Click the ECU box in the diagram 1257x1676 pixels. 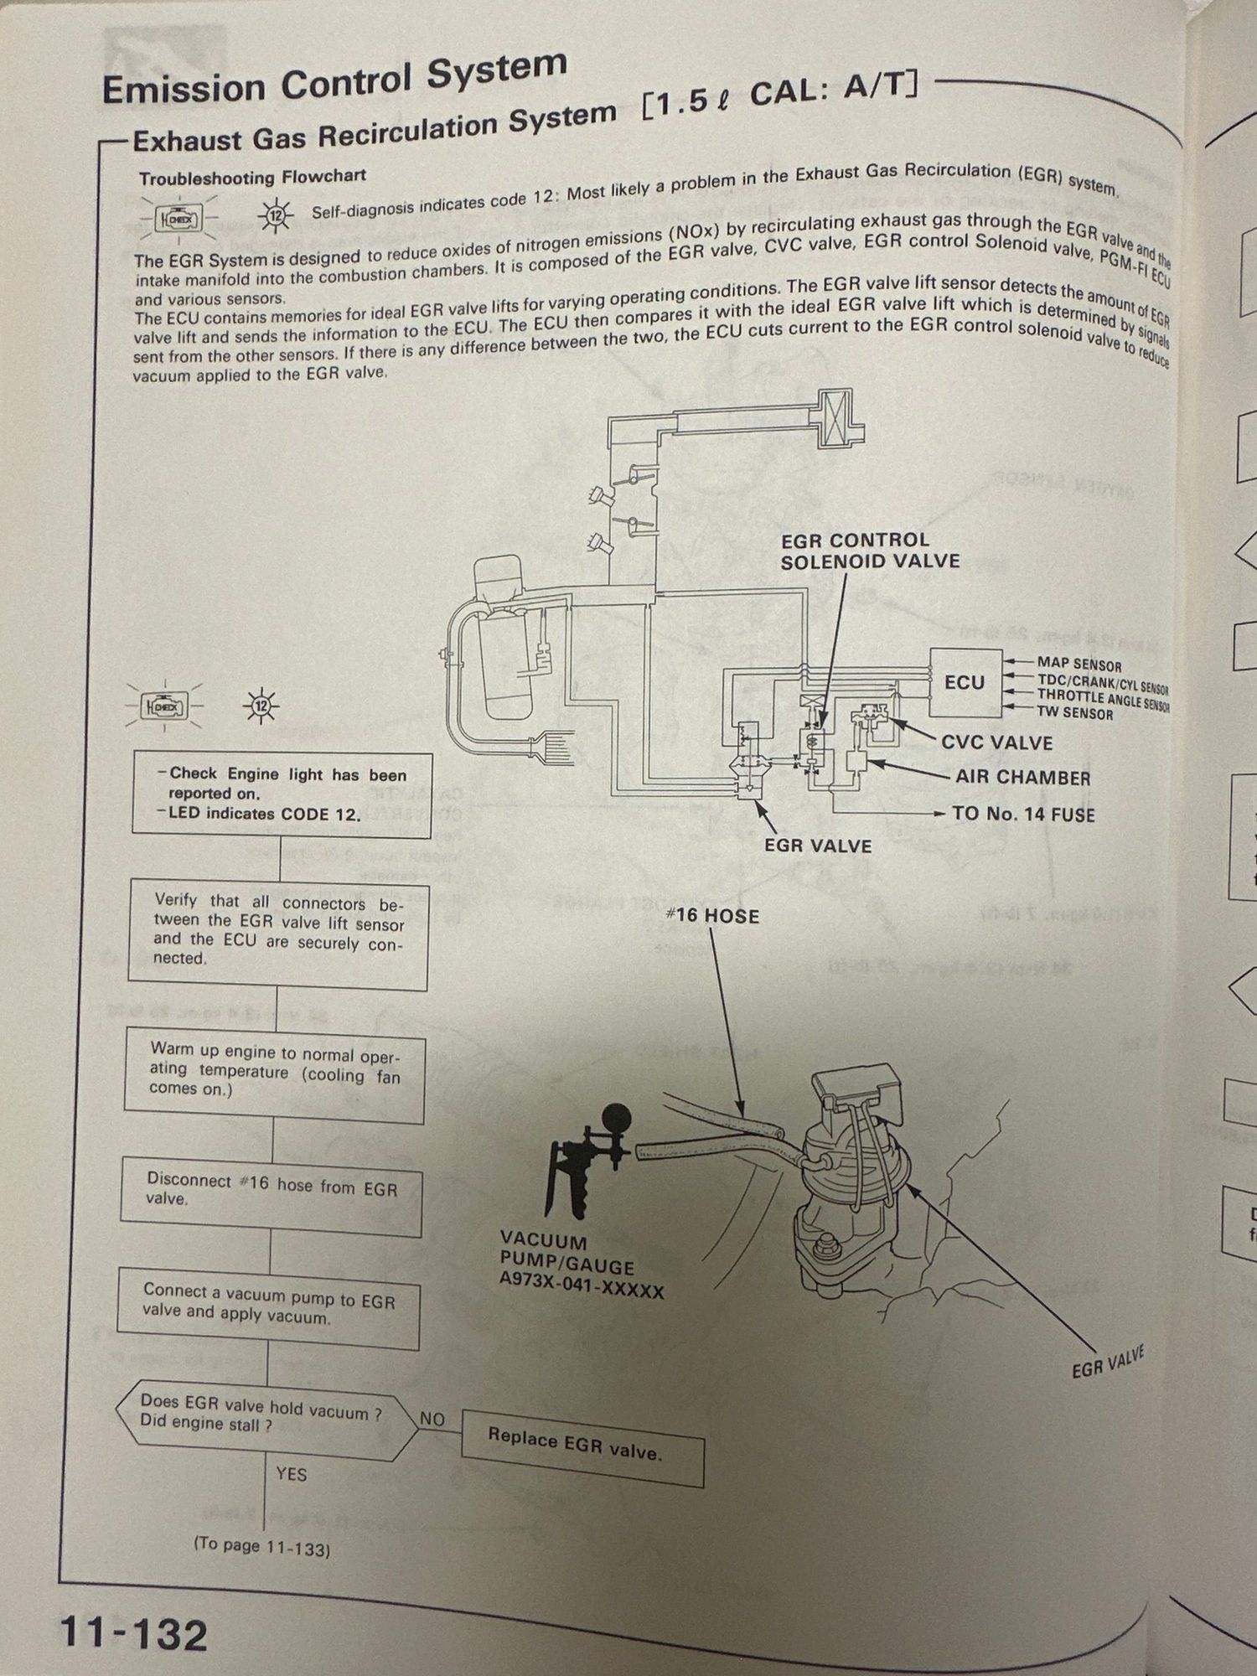[x=965, y=682]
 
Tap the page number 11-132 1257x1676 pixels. [x=133, y=1633]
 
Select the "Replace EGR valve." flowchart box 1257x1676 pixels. [x=582, y=1447]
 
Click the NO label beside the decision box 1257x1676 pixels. [x=432, y=1418]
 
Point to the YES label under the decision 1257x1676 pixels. [x=291, y=1473]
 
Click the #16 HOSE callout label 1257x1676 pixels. [x=712, y=916]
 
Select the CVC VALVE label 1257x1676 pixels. [x=996, y=742]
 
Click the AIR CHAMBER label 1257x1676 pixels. [x=1022, y=777]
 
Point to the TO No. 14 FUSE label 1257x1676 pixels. [x=1023, y=814]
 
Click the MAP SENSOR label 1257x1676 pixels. [x=1079, y=665]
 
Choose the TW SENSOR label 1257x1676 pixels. [x=1075, y=713]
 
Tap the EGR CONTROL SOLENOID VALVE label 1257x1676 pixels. [x=869, y=551]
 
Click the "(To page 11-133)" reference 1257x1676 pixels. [x=261, y=1547]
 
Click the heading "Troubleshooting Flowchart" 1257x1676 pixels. [x=252, y=178]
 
